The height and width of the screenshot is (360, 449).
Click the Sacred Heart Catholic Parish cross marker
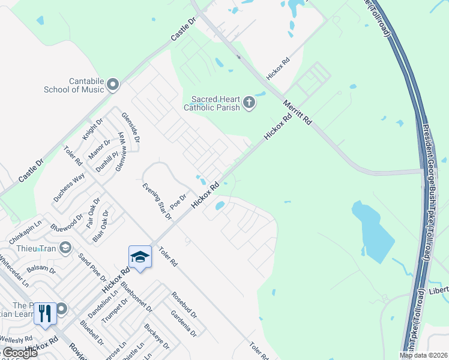click(x=249, y=104)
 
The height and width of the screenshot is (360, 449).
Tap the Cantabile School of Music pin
click(x=113, y=85)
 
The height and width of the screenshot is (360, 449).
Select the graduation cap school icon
click(x=140, y=257)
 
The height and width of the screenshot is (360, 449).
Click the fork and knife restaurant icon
click(x=45, y=313)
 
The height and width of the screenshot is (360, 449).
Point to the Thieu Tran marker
click(x=65, y=247)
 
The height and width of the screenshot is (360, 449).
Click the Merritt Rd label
click(x=298, y=112)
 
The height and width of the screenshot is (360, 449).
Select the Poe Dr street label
click(x=179, y=199)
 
